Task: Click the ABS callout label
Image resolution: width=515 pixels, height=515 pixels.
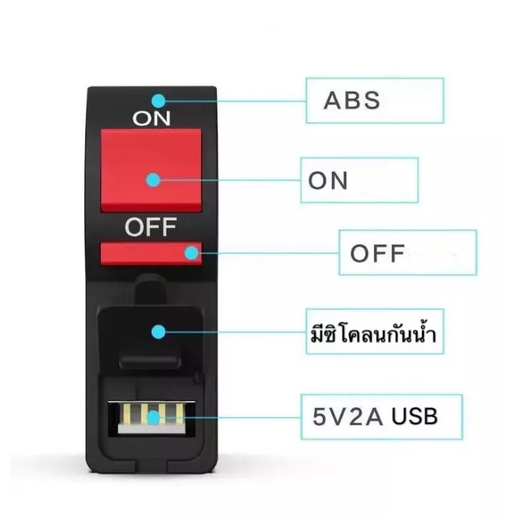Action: point(352,100)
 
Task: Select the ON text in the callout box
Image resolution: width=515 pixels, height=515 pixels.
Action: point(328,180)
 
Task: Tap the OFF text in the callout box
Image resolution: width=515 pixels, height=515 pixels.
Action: point(378,253)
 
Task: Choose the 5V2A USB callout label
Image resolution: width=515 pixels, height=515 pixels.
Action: point(375,416)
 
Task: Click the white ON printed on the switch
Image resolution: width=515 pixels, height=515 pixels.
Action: point(152,118)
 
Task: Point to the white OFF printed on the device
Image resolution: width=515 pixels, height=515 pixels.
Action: point(151,227)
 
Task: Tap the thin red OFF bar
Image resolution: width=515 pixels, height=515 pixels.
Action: point(151,253)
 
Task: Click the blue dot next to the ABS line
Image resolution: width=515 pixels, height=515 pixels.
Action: point(159,101)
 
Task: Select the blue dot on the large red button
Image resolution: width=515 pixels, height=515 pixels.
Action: point(153,180)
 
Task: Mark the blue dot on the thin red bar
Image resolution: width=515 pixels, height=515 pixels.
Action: point(192,253)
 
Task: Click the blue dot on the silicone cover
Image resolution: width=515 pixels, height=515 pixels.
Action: point(159,332)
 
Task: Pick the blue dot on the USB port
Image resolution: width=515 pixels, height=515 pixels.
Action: point(153,418)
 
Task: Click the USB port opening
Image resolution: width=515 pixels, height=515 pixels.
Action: point(152,418)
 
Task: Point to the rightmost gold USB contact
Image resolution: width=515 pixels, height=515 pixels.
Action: point(180,413)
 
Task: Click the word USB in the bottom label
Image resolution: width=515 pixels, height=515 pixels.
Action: point(414,416)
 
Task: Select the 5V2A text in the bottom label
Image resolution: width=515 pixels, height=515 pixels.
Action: point(348,416)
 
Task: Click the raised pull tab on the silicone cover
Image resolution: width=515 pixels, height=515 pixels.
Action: point(149,361)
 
